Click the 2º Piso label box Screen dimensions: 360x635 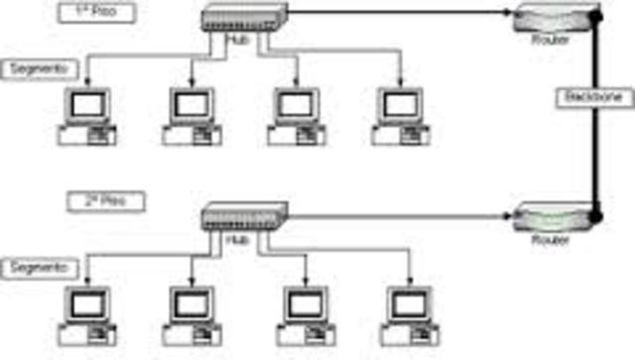108,201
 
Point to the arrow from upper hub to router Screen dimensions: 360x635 397,14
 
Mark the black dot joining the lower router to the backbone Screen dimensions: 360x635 595,214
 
